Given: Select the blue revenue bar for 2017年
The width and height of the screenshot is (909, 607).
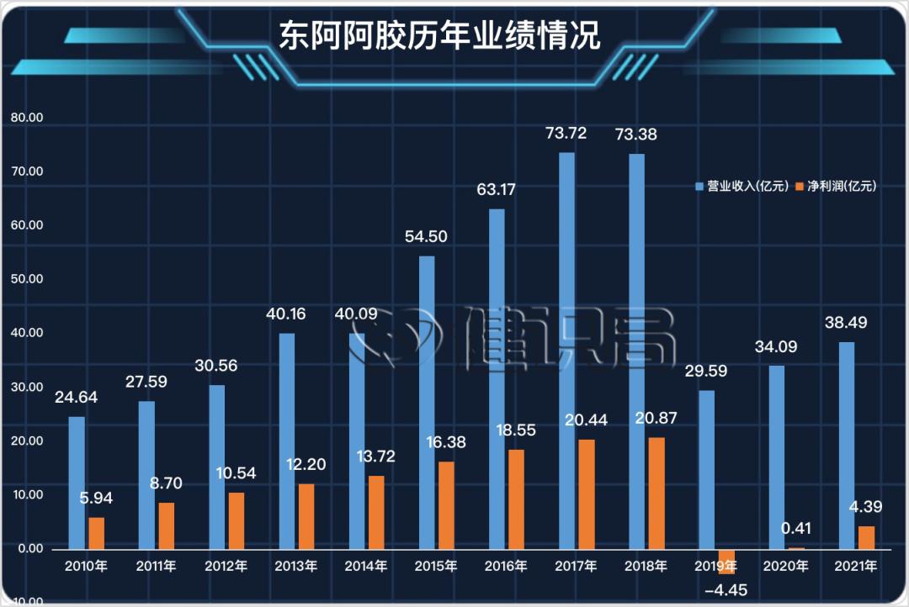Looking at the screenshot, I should coord(567,350).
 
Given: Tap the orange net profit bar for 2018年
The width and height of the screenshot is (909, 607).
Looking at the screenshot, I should coord(656,493).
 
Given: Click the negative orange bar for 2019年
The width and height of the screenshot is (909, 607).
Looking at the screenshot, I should coord(726,561).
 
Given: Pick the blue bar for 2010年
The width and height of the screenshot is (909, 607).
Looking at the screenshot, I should coord(77,483).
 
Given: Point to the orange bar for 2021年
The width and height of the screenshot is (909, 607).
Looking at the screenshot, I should coord(866,537).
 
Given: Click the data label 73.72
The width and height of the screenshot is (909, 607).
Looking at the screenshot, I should coord(566,133).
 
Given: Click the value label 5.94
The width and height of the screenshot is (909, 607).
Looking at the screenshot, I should coord(94,498).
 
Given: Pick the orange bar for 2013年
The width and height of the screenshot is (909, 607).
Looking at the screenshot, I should coord(306,515).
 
